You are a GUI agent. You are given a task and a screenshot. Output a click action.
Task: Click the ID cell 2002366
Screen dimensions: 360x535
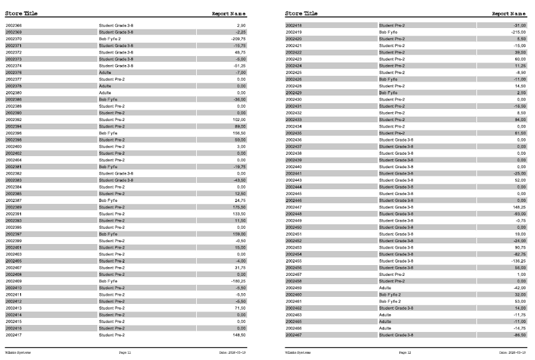(13, 25)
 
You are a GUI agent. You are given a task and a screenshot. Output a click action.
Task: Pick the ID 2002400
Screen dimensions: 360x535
(13, 147)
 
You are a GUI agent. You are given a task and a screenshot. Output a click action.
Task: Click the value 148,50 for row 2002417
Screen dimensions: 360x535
(239, 335)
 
